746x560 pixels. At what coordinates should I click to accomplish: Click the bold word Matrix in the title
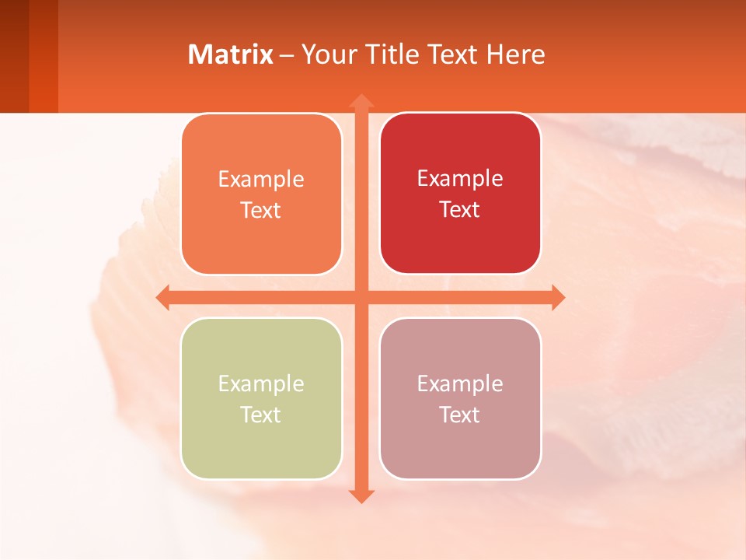[231, 54]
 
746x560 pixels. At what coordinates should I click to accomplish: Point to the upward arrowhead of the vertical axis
[361, 101]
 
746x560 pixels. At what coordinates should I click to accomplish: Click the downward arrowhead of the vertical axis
[361, 495]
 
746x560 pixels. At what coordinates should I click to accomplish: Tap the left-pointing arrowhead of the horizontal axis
[163, 297]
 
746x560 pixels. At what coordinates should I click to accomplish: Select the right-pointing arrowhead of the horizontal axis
[557, 297]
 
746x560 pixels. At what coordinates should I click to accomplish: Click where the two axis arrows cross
[361, 297]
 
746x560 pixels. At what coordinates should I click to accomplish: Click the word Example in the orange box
[261, 180]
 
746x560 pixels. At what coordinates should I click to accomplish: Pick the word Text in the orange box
[261, 211]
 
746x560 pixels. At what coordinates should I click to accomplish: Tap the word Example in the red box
[460, 179]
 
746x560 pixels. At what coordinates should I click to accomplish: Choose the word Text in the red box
[460, 210]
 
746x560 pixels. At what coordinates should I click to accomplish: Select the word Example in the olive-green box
[261, 384]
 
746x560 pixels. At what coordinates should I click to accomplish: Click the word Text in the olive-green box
[261, 415]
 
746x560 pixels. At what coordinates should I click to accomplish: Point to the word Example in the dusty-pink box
[460, 384]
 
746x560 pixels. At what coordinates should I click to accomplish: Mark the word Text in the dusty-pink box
[460, 415]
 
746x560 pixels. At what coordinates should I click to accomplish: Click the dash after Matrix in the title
[287, 55]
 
